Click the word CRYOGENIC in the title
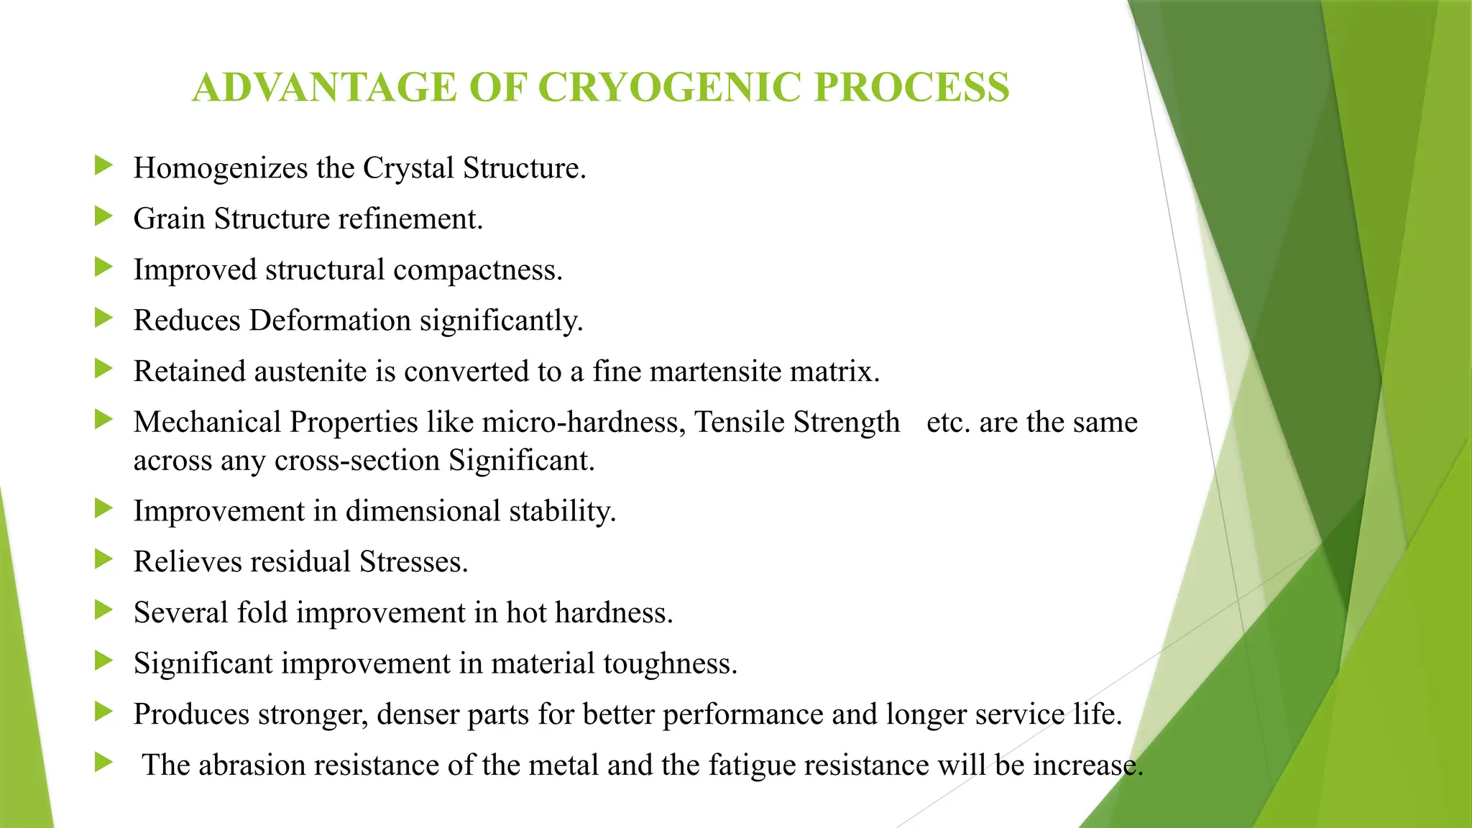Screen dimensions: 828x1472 click(x=668, y=88)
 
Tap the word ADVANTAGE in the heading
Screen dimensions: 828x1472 click(x=324, y=88)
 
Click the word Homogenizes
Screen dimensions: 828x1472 click(x=220, y=168)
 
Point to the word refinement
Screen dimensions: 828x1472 click(x=410, y=219)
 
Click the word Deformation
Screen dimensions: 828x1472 click(x=330, y=321)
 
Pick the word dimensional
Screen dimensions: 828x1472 click(x=423, y=511)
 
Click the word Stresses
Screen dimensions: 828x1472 click(x=413, y=562)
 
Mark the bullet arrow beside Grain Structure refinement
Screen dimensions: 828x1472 click(x=104, y=216)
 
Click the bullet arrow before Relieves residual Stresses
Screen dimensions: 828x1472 click(x=104, y=559)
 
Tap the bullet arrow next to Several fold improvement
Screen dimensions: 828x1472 click(x=104, y=610)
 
